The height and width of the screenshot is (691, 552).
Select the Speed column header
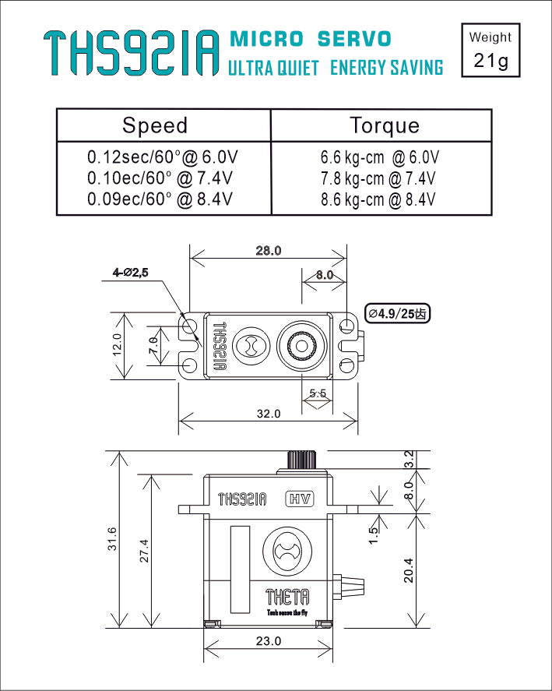(155, 125)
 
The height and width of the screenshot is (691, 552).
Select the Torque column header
(384, 125)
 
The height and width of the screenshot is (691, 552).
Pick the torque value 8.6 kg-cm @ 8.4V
(378, 199)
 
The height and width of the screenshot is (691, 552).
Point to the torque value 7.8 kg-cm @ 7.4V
(378, 179)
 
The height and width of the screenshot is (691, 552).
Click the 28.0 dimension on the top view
(268, 251)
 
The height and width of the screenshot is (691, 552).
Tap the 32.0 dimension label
(268, 414)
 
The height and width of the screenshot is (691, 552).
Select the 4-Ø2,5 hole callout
(130, 273)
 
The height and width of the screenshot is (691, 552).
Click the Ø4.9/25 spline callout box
(398, 313)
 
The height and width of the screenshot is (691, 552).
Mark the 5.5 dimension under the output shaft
(318, 393)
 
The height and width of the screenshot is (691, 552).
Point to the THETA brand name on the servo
(287, 598)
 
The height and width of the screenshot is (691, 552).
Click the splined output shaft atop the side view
(301, 460)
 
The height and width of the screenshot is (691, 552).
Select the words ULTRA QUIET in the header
(273, 68)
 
